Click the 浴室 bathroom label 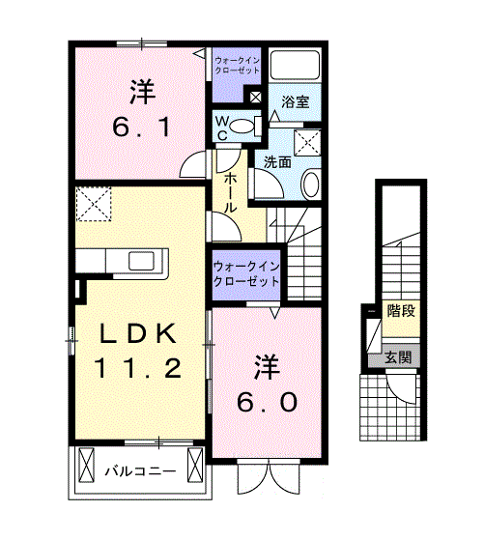pos(296,102)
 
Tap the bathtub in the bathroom pos(295,66)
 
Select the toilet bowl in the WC pos(241,126)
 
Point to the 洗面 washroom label pos(277,162)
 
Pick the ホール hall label pos(230,193)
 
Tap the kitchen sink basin pos(141,261)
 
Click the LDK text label pos(138,333)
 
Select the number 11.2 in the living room pos(138,368)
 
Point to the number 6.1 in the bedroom pos(142,128)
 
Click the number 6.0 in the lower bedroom pos(267,402)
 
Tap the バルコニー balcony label pos(140,470)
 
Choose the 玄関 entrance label pos(398,357)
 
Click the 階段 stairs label pos(401,311)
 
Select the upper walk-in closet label pos(237,66)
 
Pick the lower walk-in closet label pos(246,274)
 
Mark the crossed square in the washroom pos(307,143)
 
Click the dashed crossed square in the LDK pos(94,204)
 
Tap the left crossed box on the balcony pos(86,465)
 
